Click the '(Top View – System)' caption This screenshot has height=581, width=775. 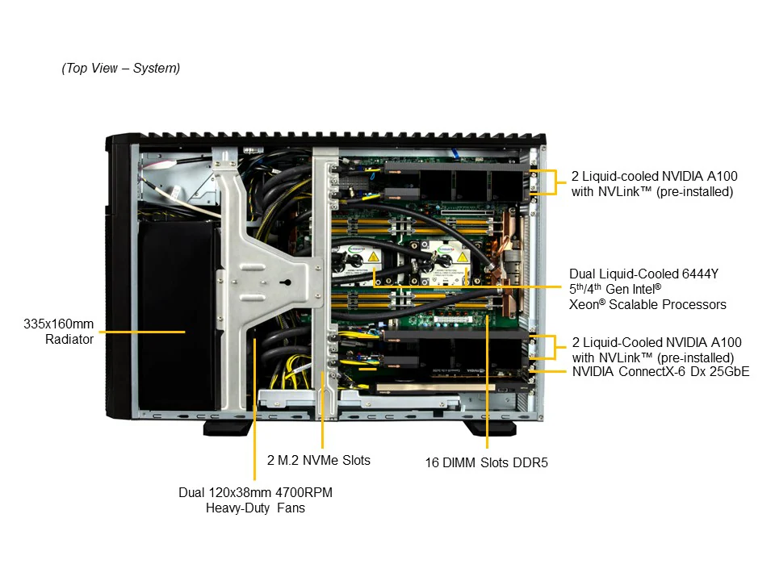point(121,69)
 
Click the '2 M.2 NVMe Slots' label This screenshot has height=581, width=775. point(319,461)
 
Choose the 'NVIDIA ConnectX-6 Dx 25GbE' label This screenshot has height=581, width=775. point(660,372)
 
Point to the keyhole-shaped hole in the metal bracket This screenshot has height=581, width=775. point(285,284)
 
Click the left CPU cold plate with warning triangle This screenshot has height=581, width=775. point(375,257)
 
